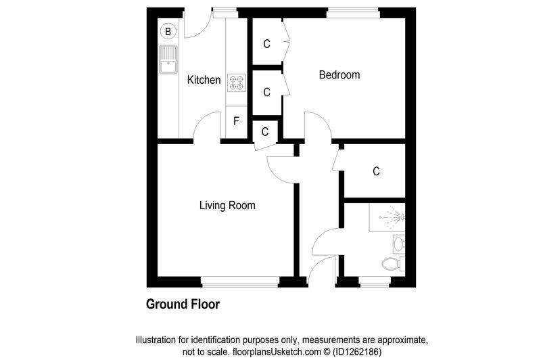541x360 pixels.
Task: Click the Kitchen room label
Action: click(204, 80)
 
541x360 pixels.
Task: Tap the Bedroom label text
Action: click(339, 75)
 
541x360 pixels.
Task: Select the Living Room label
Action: click(227, 205)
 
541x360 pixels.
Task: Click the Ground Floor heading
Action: click(183, 305)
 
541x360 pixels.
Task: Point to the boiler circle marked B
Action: click(168, 30)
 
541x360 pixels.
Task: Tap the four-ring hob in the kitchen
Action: click(237, 83)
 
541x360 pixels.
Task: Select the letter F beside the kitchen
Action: click(236, 122)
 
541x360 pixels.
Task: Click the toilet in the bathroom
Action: click(391, 263)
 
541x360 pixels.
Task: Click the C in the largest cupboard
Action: click(376, 171)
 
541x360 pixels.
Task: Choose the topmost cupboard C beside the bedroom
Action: click(266, 44)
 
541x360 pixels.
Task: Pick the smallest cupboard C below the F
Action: click(264, 131)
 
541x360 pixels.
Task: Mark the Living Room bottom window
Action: click(241, 279)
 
